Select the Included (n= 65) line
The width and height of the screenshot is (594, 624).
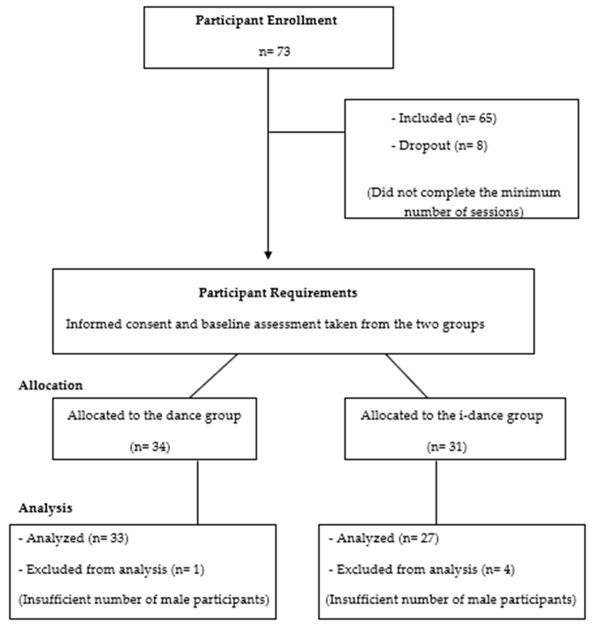(x=444, y=118)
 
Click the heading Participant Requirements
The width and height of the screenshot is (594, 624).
(x=278, y=293)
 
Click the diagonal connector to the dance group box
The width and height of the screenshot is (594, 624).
(x=214, y=376)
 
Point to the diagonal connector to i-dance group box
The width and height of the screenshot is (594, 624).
(x=406, y=376)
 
